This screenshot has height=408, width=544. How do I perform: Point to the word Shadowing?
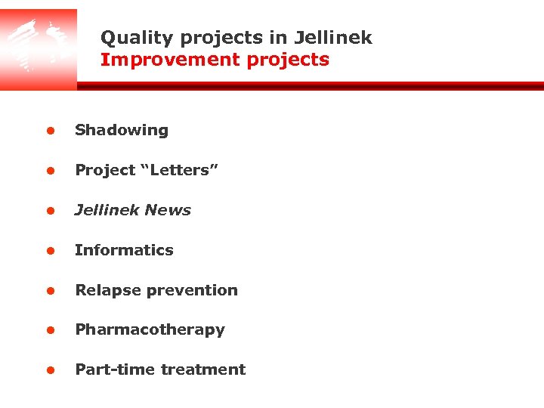[122, 130]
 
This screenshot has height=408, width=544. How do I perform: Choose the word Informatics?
[124, 250]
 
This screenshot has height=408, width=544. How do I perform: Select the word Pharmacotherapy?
[150, 330]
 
